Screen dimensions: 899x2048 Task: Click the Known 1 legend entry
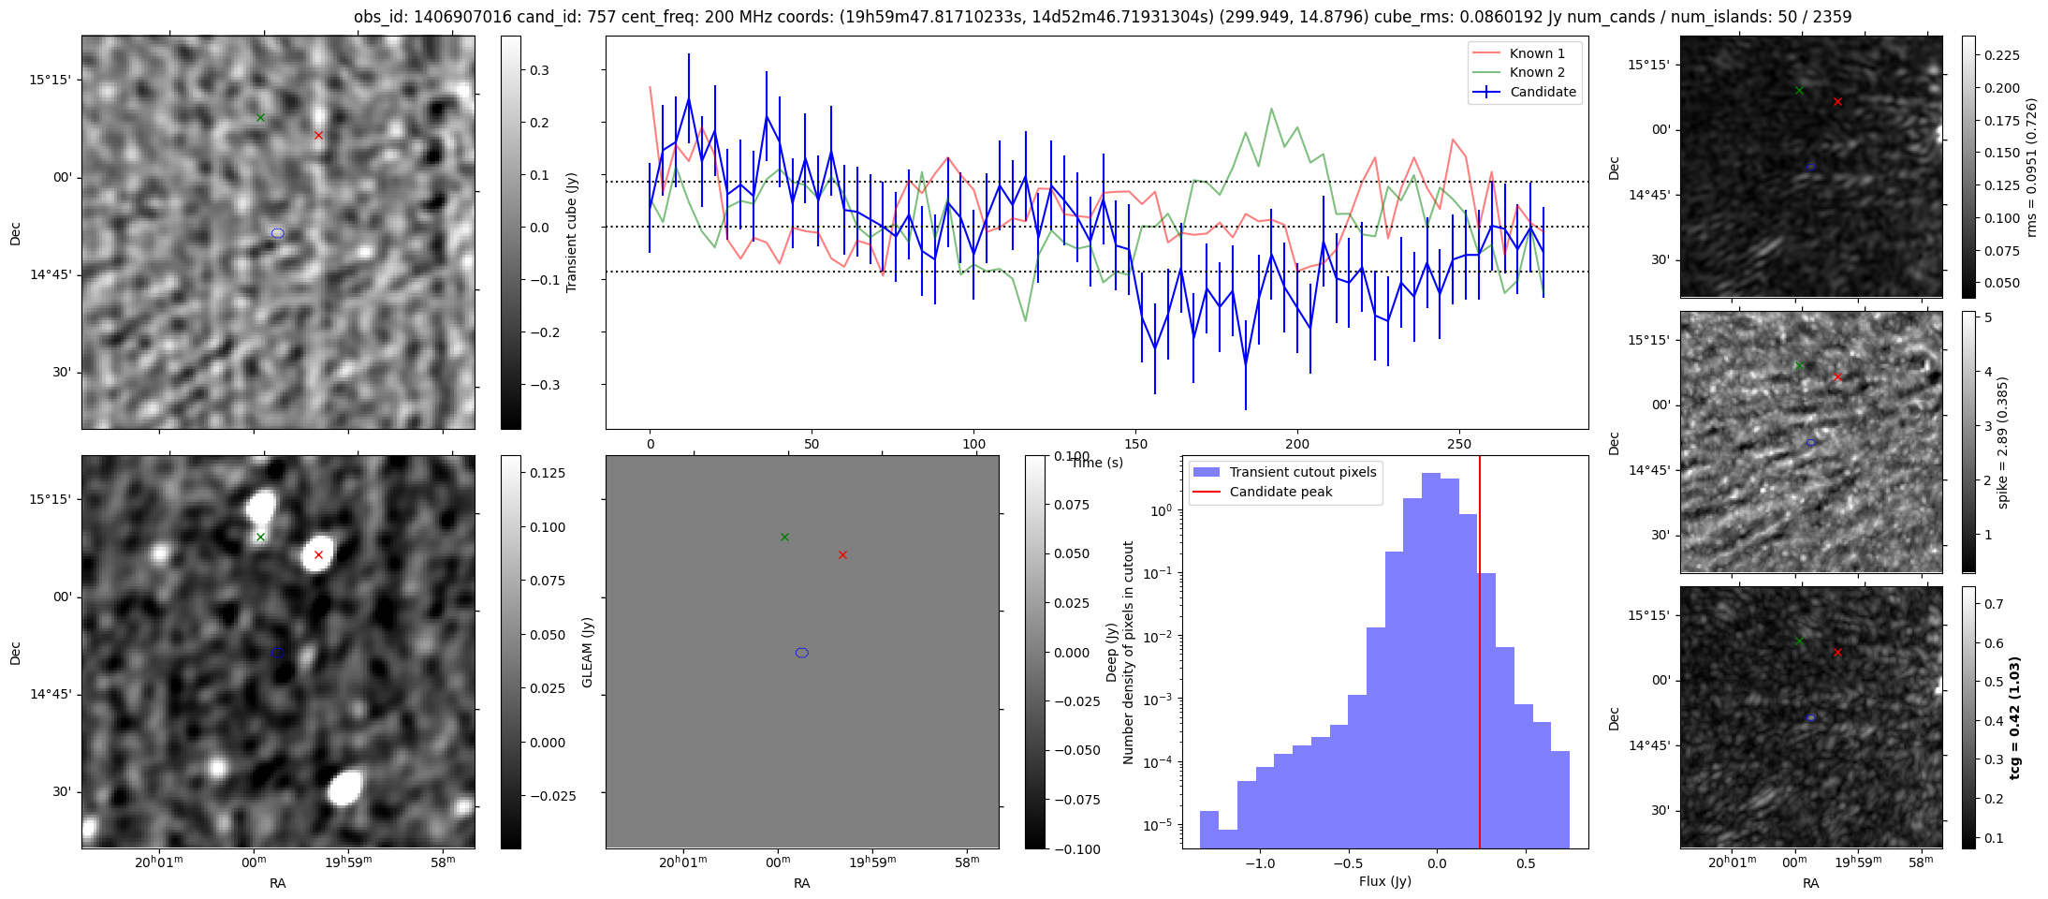pos(1536,53)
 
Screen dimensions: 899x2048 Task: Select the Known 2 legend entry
pos(1536,72)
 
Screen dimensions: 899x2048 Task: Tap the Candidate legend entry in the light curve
pos(1543,92)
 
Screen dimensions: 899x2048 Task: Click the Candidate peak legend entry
pos(1280,492)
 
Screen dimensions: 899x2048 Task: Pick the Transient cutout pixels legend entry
pos(1302,472)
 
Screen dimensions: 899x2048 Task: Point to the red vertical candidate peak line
pos(1480,656)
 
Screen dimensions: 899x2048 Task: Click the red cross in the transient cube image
pos(318,135)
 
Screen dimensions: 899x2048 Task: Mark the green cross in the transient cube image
pos(260,117)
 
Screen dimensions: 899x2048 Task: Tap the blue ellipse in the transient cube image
pos(278,233)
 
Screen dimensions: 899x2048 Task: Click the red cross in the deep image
pos(318,554)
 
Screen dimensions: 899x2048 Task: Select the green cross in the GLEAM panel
pos(784,537)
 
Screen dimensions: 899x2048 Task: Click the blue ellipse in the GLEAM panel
pos(802,653)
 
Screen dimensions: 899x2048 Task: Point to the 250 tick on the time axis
pos(1459,444)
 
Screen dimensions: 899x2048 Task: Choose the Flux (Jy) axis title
pos(1384,881)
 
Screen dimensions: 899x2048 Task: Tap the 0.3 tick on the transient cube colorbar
pos(539,70)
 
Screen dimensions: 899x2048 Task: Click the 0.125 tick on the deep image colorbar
pos(548,473)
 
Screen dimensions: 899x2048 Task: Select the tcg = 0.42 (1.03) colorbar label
pos(2015,717)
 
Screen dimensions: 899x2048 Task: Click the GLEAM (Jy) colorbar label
pos(588,652)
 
